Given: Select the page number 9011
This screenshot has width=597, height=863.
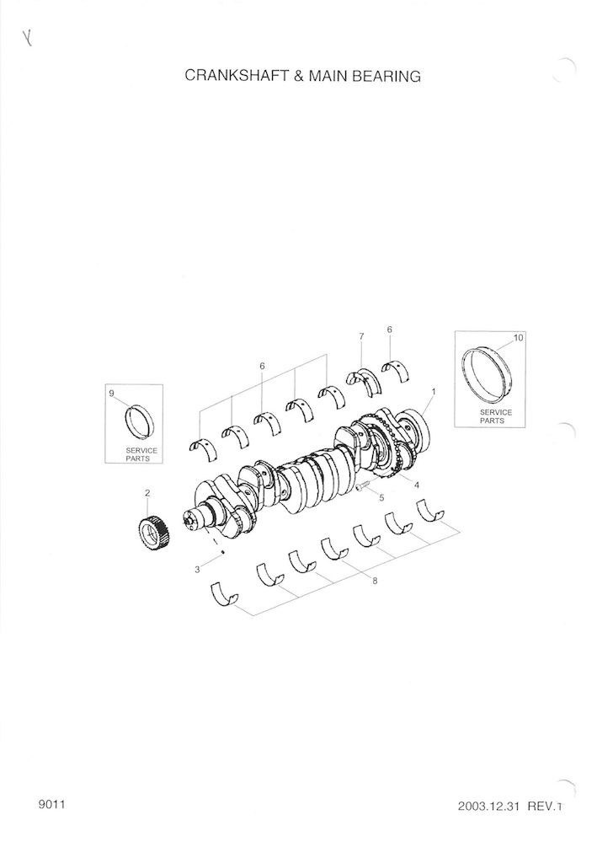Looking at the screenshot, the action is (52, 804).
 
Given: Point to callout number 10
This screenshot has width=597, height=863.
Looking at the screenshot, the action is (519, 338).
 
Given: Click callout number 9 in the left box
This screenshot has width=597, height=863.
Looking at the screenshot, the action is (112, 393).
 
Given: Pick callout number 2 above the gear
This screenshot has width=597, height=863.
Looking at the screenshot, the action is (147, 492).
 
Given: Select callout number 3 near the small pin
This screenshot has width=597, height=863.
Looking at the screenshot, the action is (197, 570).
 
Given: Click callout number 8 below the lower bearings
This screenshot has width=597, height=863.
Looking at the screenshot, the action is (375, 581).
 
